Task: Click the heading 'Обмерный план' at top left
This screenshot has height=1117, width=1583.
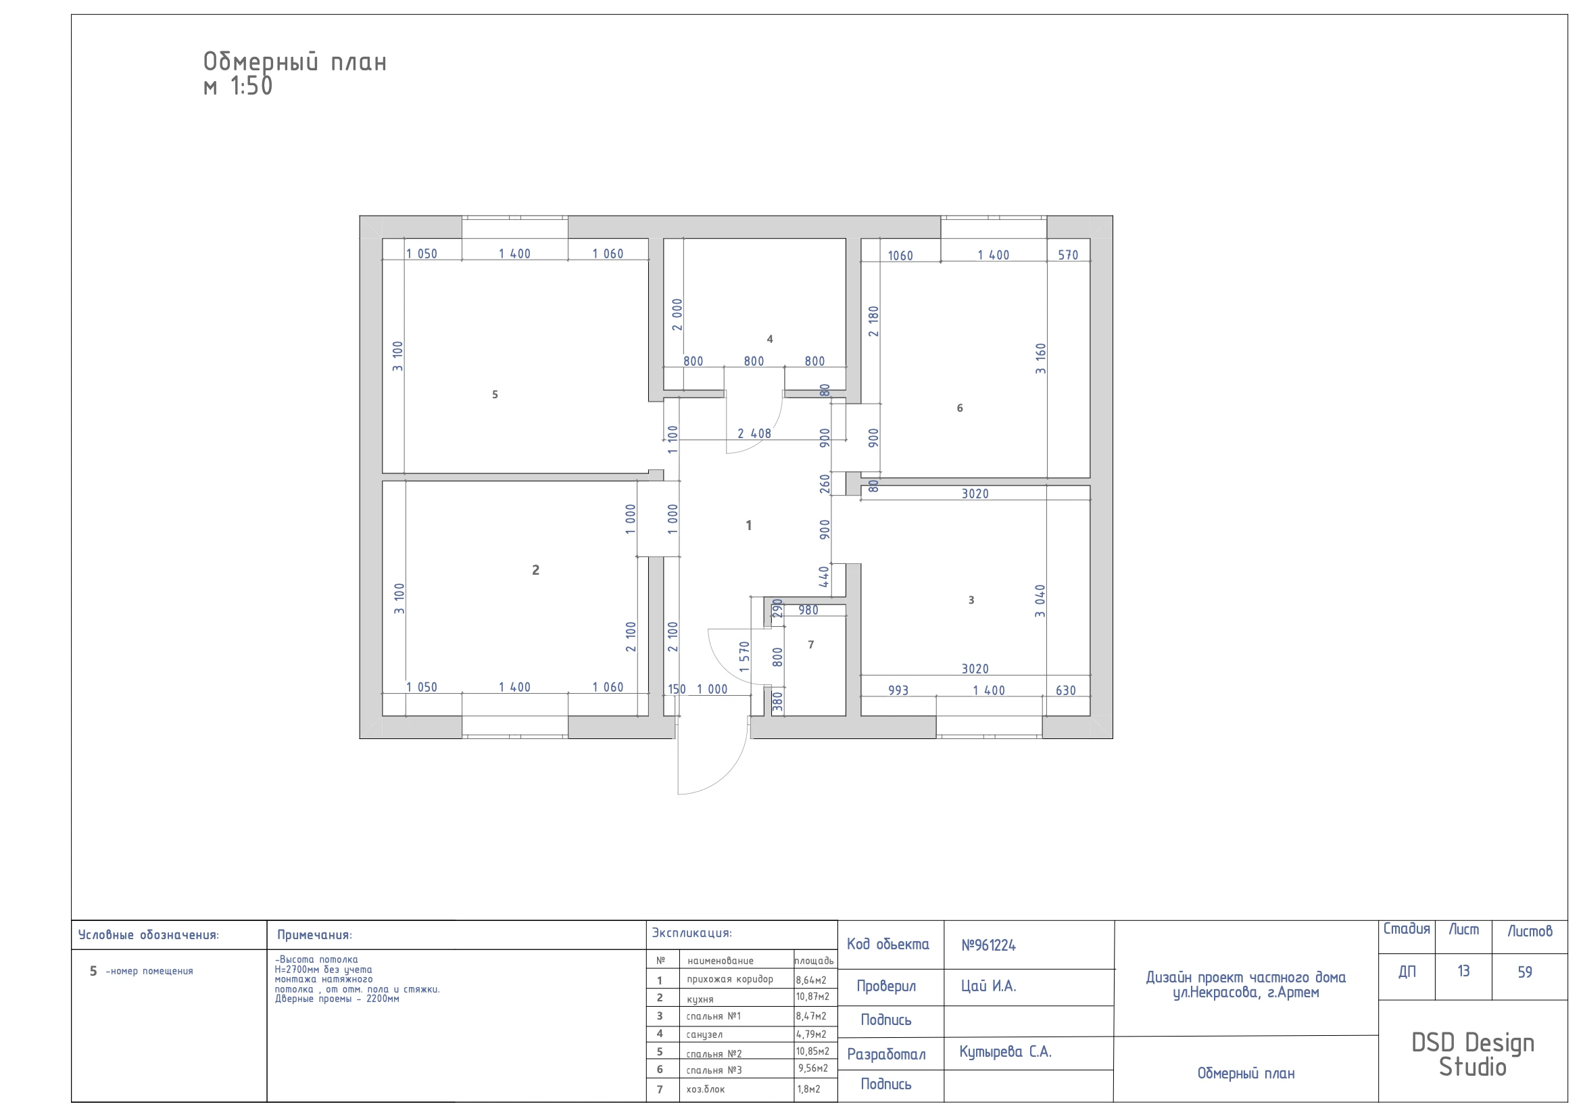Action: coord(295,62)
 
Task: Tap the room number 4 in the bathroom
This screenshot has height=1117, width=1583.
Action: coord(770,339)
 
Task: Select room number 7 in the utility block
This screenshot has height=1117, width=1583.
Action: coord(811,644)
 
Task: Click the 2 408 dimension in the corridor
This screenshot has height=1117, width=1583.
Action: coord(754,433)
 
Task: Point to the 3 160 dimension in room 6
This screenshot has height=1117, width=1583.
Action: coord(1041,358)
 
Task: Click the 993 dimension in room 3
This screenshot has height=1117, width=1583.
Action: coord(898,690)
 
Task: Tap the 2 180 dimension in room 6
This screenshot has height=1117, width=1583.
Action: coord(873,321)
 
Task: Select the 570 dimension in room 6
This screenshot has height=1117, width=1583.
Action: coord(1068,255)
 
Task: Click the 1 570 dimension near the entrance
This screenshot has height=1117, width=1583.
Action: coord(744,657)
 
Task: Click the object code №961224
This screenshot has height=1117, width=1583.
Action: coord(989,945)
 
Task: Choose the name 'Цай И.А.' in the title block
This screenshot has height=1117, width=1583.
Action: coord(989,986)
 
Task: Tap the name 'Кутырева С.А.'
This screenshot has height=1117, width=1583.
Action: coord(1005,1051)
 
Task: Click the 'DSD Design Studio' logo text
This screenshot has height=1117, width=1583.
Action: coord(1473,1055)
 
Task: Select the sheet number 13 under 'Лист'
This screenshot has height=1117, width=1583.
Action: coord(1463,971)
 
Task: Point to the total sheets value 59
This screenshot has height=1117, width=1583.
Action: coord(1524,972)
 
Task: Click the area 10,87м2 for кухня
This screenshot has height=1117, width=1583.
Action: coord(813,997)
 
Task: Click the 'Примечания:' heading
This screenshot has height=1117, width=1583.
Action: coord(314,935)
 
